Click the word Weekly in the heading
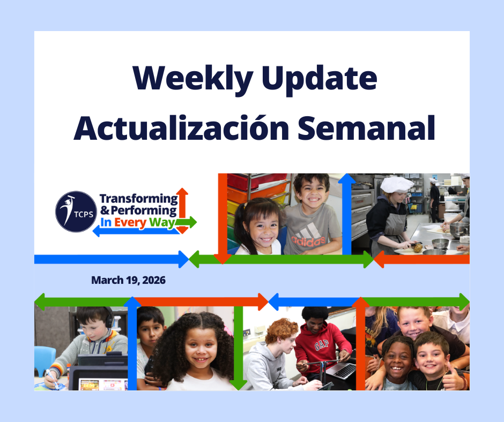coord(190,79)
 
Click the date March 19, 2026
coord(128,280)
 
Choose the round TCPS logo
coord(76,212)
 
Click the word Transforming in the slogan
coord(139,199)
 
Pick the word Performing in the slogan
coord(143,211)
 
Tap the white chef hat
coord(396,184)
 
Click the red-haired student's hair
coord(281,330)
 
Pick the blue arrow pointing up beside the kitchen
coord(346,214)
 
